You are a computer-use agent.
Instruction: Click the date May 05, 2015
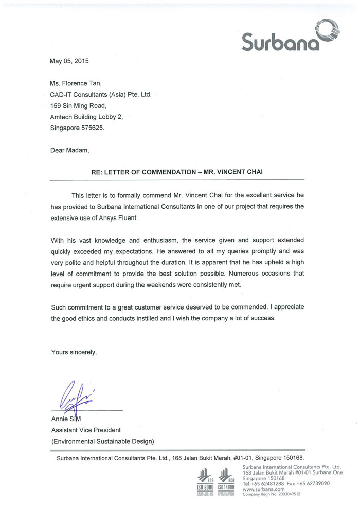(69, 61)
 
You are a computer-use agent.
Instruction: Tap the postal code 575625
(93, 128)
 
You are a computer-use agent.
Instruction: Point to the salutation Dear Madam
(70, 151)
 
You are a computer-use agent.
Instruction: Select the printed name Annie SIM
(66, 419)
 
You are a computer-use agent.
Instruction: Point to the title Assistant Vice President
(86, 430)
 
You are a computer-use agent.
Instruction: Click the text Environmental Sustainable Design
(102, 441)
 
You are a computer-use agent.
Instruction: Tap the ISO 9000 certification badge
(206, 481)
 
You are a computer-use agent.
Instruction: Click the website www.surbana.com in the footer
(263, 488)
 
